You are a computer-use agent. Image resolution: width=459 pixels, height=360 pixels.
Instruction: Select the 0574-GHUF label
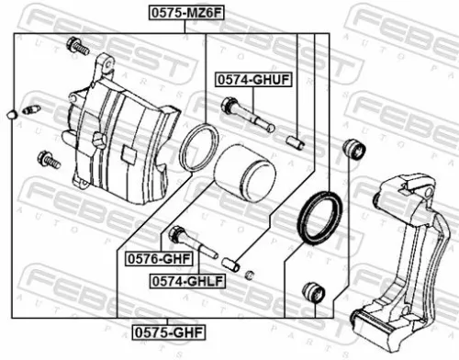coord(254,81)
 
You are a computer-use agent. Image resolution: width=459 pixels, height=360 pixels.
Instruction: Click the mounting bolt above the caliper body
coord(78,46)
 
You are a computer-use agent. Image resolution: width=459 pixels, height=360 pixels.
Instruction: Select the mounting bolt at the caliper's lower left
coord(48,160)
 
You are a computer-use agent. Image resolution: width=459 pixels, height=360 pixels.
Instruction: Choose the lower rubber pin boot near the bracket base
coord(313,293)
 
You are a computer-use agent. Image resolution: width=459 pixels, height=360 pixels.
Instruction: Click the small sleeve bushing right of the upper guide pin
coord(296,141)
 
